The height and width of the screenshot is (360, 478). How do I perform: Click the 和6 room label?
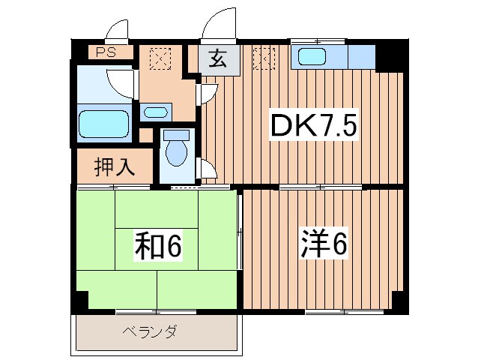(x=159, y=244)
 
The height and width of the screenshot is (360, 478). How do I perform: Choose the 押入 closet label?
(x=114, y=166)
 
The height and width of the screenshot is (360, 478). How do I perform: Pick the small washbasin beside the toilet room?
(x=155, y=112)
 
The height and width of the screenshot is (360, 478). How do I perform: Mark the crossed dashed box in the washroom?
(x=159, y=58)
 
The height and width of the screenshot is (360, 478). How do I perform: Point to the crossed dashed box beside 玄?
(x=264, y=58)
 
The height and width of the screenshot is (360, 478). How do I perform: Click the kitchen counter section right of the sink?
(x=361, y=56)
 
